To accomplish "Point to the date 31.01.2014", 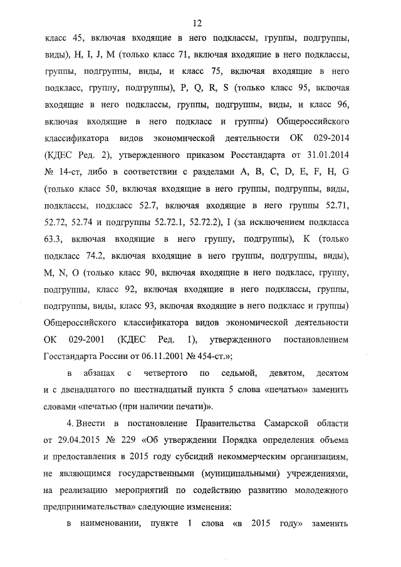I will click(326, 152).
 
